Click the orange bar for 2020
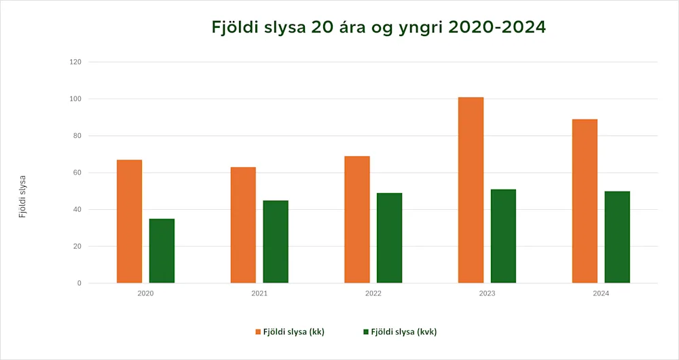tap(129, 221)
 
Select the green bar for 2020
tap(162, 251)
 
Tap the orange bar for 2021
tap(243, 225)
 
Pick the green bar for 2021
tap(276, 242)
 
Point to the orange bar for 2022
tap(357, 219)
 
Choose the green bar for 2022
tap(389, 238)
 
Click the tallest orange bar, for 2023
tap(471, 190)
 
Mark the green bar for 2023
tap(503, 236)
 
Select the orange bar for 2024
tap(585, 201)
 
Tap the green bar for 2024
tap(617, 237)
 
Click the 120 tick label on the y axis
tap(75, 62)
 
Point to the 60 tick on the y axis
tap(77, 173)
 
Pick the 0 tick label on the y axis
tap(79, 283)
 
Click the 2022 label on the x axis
tap(373, 294)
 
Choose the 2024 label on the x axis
tap(601, 294)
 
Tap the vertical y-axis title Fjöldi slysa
tap(22, 197)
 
